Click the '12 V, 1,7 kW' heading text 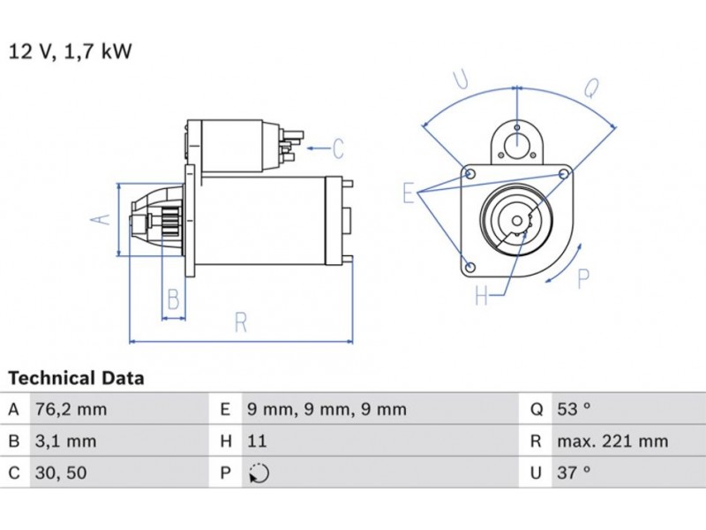tap(71, 52)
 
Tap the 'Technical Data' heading tap(76, 378)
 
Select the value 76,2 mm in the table tap(70, 409)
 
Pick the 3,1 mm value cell tap(64, 441)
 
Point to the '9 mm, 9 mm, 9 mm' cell tap(326, 409)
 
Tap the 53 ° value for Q tap(573, 409)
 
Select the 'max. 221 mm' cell tap(612, 441)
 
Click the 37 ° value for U tap(573, 473)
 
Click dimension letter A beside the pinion tap(103, 219)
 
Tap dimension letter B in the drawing tap(174, 299)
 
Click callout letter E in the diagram tap(409, 192)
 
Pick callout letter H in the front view tap(482, 296)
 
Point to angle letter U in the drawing tap(461, 79)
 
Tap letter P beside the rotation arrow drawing tap(582, 279)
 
